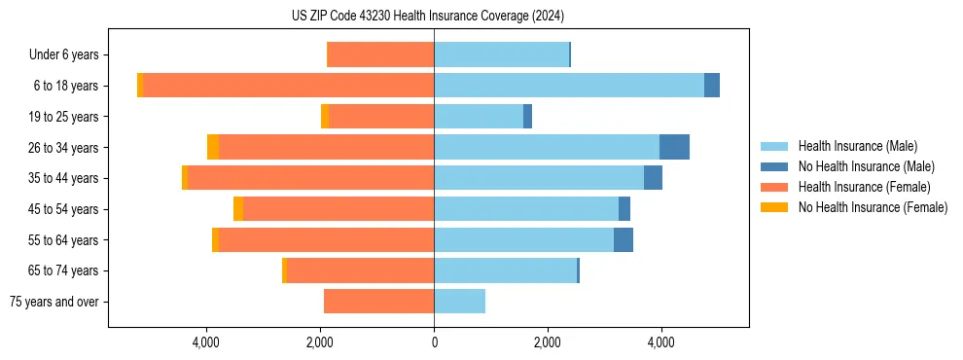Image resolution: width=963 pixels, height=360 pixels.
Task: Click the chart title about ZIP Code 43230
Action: [x=427, y=16]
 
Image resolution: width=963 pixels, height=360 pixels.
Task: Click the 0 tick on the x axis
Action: [x=434, y=342]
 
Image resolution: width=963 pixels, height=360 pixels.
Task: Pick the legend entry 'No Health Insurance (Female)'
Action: [x=873, y=207]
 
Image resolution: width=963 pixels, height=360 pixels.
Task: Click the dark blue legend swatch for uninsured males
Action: [x=774, y=166]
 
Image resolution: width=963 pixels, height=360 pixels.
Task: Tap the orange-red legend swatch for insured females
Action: [x=774, y=187]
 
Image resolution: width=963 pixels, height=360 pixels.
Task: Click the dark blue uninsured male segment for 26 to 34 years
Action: [x=674, y=147]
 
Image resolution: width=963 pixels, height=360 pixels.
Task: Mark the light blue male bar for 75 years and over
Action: [x=459, y=302]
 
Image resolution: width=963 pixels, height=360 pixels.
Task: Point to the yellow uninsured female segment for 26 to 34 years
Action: [x=213, y=147]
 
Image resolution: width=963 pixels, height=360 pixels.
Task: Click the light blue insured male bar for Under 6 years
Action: [x=501, y=55]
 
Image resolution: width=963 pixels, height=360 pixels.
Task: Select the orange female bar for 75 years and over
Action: [x=378, y=302]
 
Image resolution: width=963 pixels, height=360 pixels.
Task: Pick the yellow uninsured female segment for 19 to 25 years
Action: [x=325, y=117]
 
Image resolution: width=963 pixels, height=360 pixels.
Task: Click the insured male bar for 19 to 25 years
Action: [x=479, y=117]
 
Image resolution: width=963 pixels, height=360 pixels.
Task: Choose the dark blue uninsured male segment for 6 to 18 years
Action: [x=712, y=86]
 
